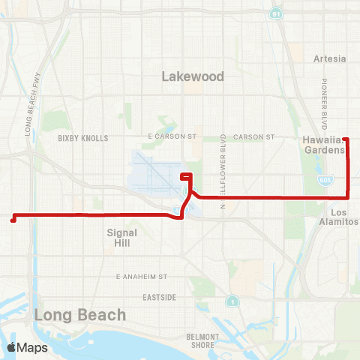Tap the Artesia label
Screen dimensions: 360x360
click(331, 58)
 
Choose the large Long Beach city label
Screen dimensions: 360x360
click(79, 315)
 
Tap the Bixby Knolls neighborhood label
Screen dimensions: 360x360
click(83, 138)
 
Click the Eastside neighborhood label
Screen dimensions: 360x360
click(160, 297)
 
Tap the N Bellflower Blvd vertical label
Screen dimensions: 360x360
click(223, 163)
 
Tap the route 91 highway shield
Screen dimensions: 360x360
click(276, 13)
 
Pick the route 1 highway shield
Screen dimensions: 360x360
click(234, 301)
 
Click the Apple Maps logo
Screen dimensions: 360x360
click(27, 347)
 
